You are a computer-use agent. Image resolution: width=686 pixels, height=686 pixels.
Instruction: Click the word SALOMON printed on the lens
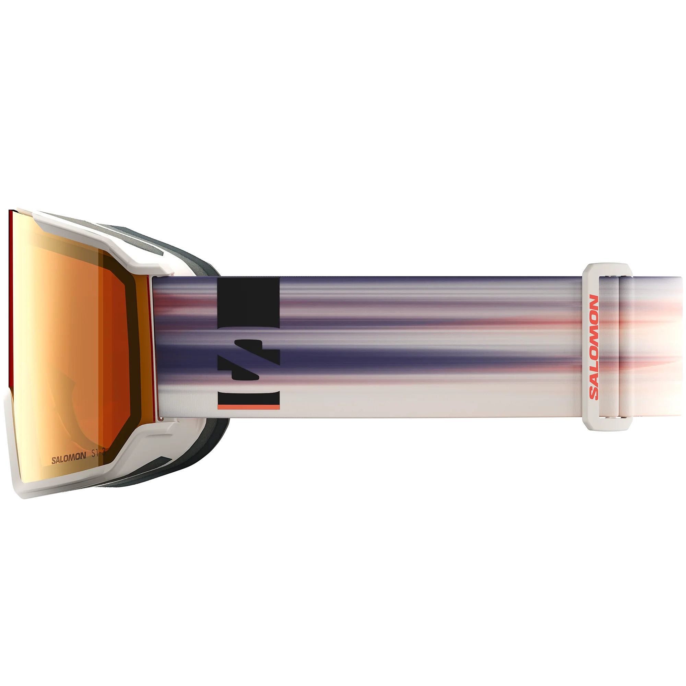pyautogui.click(x=69, y=460)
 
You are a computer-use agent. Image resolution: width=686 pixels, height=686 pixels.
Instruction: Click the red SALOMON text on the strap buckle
pyautogui.click(x=593, y=347)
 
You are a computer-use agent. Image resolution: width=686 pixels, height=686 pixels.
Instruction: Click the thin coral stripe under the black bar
pyautogui.click(x=249, y=407)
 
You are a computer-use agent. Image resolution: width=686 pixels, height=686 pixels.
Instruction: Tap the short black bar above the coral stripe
pyautogui.click(x=249, y=398)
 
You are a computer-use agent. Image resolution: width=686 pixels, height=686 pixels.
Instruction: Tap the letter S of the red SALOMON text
pyautogui.click(x=593, y=393)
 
